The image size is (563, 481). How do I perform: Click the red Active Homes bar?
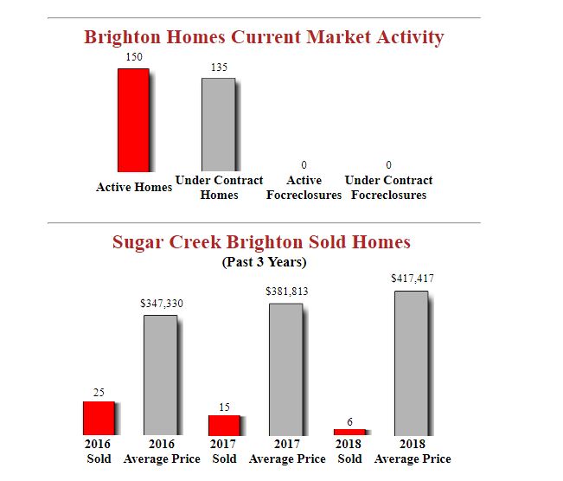133,119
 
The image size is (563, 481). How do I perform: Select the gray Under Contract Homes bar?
218,124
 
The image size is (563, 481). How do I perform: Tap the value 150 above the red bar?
134,56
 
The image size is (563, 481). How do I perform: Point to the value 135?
219,67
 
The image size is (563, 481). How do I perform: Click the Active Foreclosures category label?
304,188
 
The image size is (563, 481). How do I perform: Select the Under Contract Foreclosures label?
388,188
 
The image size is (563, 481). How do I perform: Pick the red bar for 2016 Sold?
99,418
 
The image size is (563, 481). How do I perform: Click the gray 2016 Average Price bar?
160,375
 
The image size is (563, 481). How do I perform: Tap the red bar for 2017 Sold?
224,425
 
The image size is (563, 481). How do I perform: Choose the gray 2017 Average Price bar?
286,369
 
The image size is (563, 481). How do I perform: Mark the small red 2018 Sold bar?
349,432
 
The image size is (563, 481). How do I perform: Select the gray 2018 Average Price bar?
411,362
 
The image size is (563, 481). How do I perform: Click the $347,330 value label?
162,305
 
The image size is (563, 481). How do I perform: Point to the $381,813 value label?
287,292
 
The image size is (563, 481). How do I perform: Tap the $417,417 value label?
413,279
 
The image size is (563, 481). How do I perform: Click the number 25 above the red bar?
99,393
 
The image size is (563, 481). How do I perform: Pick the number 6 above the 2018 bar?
349,421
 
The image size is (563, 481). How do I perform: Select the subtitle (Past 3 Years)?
264,261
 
